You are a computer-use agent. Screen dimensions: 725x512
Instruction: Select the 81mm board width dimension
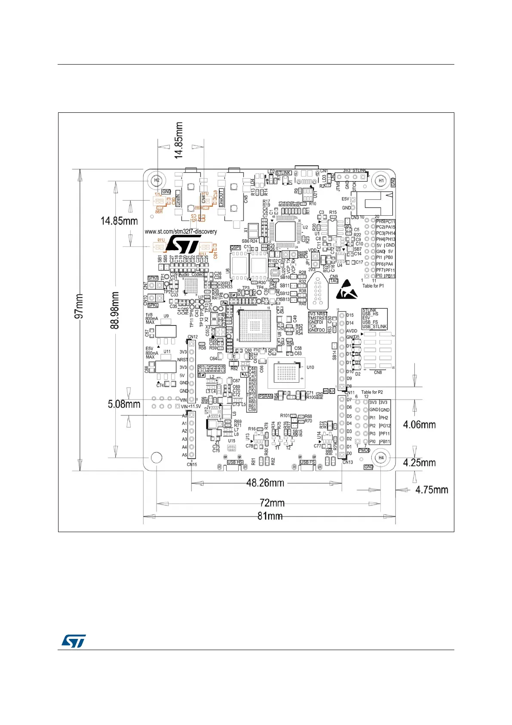click(x=270, y=516)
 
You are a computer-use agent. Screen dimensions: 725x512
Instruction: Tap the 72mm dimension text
click(x=272, y=503)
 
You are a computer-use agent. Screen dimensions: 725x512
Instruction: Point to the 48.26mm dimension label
click(x=265, y=483)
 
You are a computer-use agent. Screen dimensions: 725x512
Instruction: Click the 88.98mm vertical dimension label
click(x=115, y=310)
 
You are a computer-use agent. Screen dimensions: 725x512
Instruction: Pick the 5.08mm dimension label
click(x=124, y=404)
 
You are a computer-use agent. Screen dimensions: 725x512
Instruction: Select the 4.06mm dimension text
click(x=419, y=425)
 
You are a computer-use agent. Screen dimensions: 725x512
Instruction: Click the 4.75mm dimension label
click(x=432, y=490)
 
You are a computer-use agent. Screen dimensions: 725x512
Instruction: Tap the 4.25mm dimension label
click(x=419, y=463)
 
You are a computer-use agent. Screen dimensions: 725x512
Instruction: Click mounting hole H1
click(x=381, y=181)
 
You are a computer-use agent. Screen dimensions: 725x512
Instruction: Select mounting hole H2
click(x=157, y=181)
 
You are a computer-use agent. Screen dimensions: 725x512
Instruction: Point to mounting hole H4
click(x=381, y=458)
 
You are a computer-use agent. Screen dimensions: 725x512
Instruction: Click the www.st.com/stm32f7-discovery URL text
click(x=181, y=232)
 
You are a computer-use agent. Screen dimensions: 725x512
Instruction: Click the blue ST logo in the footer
click(x=74, y=641)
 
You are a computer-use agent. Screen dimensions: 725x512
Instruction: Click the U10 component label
click(x=310, y=367)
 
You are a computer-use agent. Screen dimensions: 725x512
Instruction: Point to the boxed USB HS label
click(x=235, y=462)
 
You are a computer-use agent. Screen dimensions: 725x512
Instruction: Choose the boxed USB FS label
click(x=308, y=462)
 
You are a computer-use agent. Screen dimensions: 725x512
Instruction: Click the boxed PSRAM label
click(x=266, y=396)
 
